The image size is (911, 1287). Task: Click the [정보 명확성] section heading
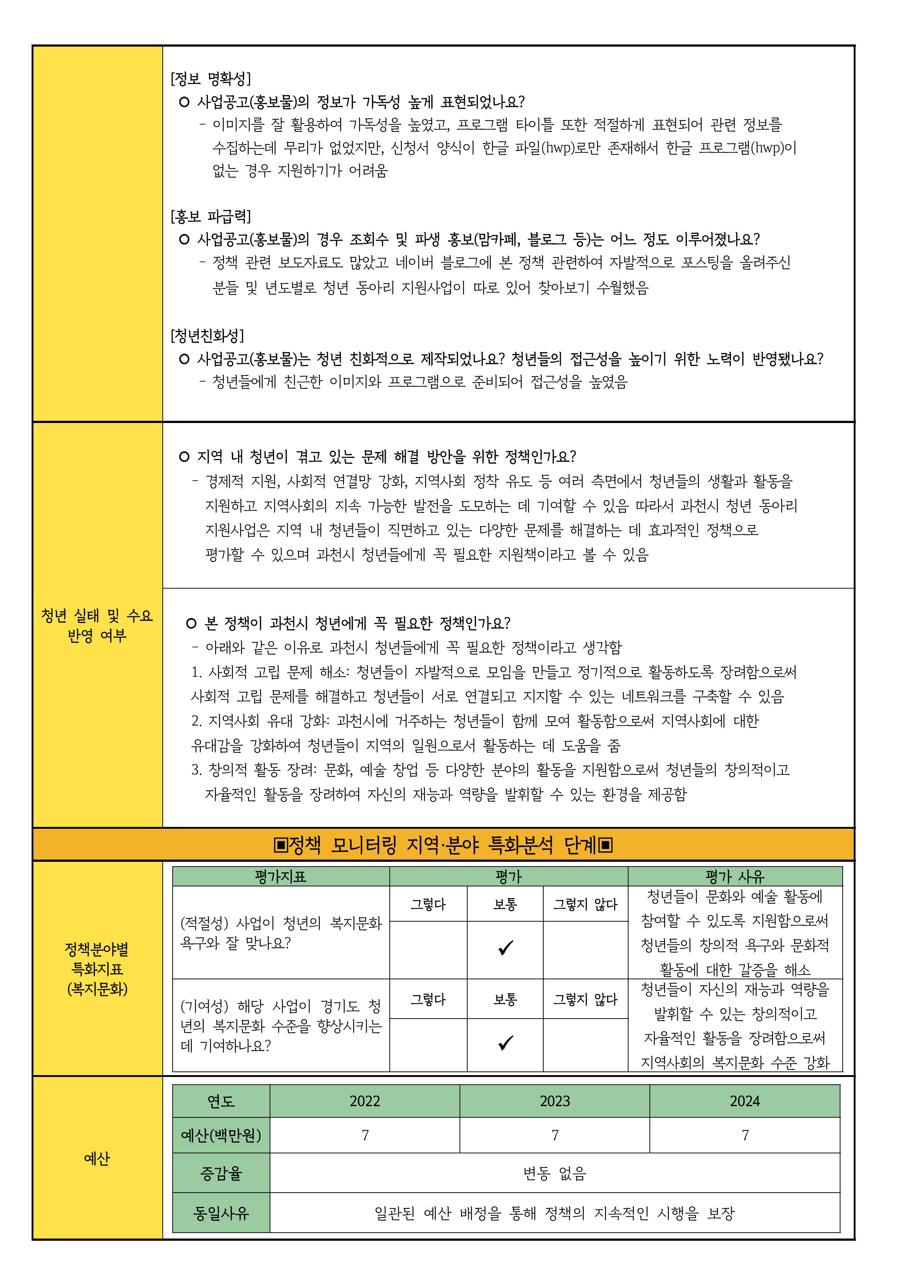click(x=210, y=79)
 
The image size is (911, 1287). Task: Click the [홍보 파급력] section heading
click(x=210, y=217)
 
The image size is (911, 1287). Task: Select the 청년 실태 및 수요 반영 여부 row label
click(x=97, y=625)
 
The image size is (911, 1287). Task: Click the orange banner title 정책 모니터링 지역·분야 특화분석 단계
click(x=443, y=845)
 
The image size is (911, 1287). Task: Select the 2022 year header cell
click(x=365, y=1101)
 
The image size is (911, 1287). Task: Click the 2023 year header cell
click(x=555, y=1101)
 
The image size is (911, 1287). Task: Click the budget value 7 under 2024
click(x=745, y=1136)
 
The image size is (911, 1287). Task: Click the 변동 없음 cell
click(x=554, y=1173)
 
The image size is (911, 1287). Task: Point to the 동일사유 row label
click(x=221, y=1213)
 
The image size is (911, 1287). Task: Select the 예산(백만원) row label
click(x=221, y=1136)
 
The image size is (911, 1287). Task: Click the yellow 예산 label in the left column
click(x=97, y=1158)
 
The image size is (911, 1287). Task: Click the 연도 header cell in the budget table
click(x=221, y=1101)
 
